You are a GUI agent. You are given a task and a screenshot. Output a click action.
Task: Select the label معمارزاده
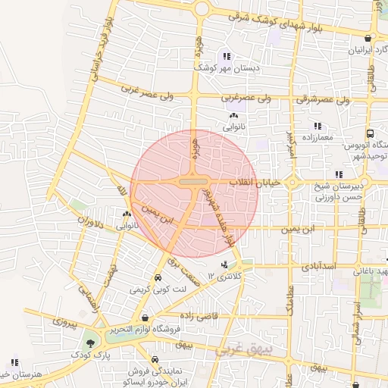pos(317,138)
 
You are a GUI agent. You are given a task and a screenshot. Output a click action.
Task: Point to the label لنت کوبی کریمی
pos(156,289)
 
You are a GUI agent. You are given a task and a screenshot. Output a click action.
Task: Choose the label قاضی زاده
pos(199,314)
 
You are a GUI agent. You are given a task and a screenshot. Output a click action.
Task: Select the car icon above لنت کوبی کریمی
pos(157,277)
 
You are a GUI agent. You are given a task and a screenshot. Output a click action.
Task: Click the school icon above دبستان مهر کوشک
pos(225,56)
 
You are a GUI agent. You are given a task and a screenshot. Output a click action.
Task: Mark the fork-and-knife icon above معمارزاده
pos(317,126)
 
